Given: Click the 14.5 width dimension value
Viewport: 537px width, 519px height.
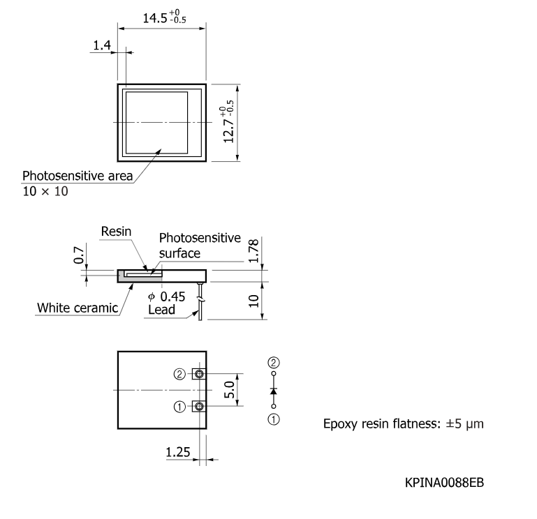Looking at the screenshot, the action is (155, 18).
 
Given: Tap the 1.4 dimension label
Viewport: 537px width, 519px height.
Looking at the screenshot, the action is (102, 45).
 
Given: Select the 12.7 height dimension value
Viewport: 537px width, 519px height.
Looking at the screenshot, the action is (228, 131).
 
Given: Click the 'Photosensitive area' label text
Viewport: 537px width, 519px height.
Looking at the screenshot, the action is (78, 176).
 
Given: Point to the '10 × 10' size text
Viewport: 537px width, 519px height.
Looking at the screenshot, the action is (45, 191).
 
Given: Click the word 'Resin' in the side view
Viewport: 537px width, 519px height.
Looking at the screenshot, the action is (116, 232).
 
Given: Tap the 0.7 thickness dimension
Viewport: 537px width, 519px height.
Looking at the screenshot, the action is (78, 255).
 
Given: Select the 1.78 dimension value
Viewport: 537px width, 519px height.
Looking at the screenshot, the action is (253, 250).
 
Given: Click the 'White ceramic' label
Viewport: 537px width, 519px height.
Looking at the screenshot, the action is (78, 308).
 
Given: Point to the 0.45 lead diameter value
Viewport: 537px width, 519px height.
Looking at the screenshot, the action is (172, 296).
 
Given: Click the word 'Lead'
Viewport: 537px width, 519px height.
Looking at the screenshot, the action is (161, 310).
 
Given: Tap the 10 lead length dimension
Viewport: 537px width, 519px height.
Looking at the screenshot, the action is (253, 301).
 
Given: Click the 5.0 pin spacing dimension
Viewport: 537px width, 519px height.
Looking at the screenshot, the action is (229, 390).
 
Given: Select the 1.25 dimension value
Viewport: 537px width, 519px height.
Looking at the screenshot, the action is (178, 452).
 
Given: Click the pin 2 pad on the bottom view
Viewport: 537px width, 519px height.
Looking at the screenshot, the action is (199, 374).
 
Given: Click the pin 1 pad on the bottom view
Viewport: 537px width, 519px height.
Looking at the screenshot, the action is (199, 407).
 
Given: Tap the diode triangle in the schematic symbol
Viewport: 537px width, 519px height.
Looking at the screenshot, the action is (273, 391).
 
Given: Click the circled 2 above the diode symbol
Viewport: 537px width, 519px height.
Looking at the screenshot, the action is (273, 363).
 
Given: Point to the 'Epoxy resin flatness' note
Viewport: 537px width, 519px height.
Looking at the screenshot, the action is (404, 424).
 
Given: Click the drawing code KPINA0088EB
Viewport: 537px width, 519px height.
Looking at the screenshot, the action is (444, 483).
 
